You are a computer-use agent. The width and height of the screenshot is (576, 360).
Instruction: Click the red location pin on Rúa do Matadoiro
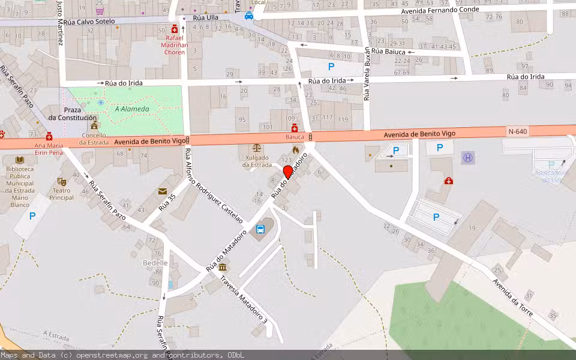287,172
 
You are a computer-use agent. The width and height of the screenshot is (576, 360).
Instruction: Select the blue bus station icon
261,229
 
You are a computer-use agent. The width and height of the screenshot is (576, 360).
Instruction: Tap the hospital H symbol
467,158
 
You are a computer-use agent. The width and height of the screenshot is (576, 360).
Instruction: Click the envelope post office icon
163,191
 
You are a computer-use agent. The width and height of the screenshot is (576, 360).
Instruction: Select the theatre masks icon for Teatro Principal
61,181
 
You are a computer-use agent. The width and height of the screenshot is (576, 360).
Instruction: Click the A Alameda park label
132,109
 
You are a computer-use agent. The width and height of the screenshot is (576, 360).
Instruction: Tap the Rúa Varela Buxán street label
367,75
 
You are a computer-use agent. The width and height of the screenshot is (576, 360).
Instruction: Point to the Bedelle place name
155,263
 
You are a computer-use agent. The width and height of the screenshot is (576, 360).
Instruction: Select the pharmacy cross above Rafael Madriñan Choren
175,28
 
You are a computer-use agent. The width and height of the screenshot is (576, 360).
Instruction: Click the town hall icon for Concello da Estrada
94,125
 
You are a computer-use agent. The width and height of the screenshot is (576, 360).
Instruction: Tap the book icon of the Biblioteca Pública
20,160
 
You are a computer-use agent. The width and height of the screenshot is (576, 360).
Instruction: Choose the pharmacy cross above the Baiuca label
295,128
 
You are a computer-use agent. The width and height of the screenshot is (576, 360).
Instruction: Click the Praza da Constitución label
72,114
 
